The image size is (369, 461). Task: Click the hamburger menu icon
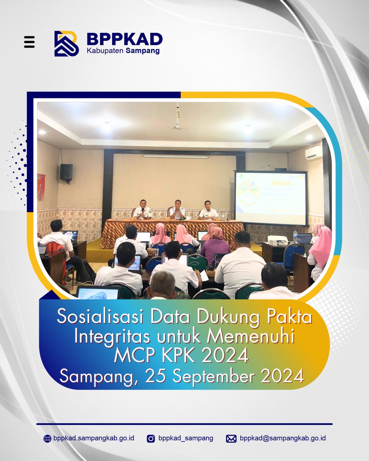(29, 42)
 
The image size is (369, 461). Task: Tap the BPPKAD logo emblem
(66, 43)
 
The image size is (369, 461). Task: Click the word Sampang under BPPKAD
(143, 51)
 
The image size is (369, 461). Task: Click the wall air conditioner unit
(313, 152)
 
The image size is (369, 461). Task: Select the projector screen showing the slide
(271, 197)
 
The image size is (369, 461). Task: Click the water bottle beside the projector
(295, 235)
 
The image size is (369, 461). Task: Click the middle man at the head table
(177, 210)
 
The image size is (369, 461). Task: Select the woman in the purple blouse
(215, 245)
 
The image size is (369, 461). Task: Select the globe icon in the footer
(47, 438)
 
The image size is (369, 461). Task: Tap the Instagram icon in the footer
(151, 438)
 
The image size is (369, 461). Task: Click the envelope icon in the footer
(231, 438)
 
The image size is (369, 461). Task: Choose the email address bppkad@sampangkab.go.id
(283, 438)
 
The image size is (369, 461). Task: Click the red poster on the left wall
(41, 187)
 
